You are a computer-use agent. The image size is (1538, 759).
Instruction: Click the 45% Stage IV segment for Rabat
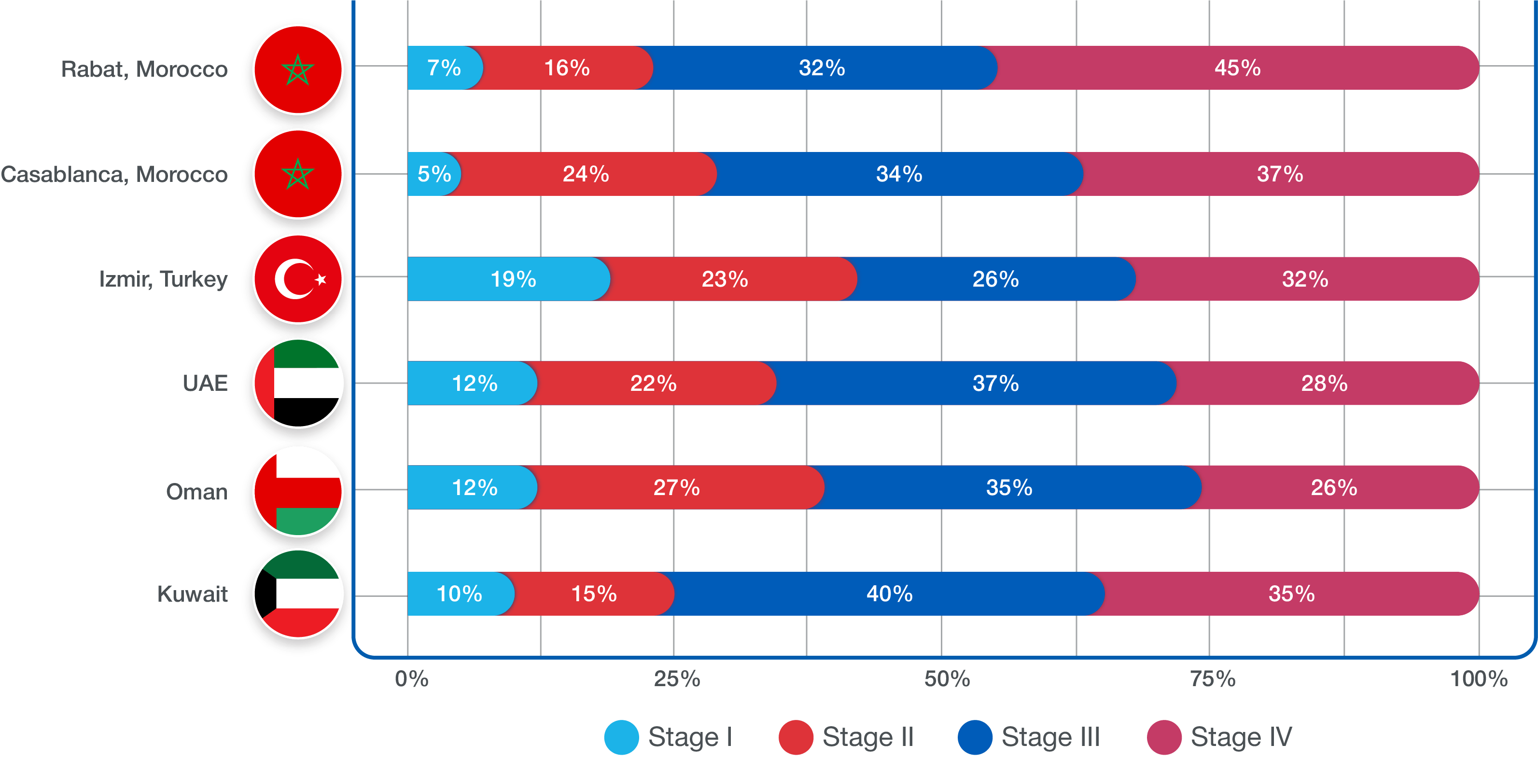[x=1237, y=68]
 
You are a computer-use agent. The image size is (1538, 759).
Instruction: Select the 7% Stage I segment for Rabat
[x=444, y=68]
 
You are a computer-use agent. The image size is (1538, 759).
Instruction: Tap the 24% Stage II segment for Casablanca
[x=586, y=174]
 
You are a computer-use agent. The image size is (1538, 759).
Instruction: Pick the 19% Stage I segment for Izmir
[x=512, y=279]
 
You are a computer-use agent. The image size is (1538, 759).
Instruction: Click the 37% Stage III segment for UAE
[x=995, y=383]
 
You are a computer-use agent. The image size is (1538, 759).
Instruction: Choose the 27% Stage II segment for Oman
[x=676, y=487]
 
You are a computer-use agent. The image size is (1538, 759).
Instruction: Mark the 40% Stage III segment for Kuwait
[x=889, y=593]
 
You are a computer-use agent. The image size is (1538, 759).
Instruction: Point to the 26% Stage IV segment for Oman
[x=1334, y=487]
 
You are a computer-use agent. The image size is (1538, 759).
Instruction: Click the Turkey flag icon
[x=298, y=279]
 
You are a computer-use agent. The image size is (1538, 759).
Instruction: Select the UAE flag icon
[x=298, y=383]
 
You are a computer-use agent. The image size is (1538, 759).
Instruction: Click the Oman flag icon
[x=298, y=491]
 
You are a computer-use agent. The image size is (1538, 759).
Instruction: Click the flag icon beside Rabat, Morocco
[x=298, y=69]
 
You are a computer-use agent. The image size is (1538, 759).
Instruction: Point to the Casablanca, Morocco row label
[x=114, y=174]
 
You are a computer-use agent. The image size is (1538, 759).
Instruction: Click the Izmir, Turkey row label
[x=163, y=279]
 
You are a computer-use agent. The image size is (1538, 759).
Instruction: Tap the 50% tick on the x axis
[x=947, y=678]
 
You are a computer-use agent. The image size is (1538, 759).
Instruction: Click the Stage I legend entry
[x=669, y=737]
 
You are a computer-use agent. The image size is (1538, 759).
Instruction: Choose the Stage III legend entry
[x=1029, y=737]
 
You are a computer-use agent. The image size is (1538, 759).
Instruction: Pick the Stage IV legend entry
[x=1220, y=737]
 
